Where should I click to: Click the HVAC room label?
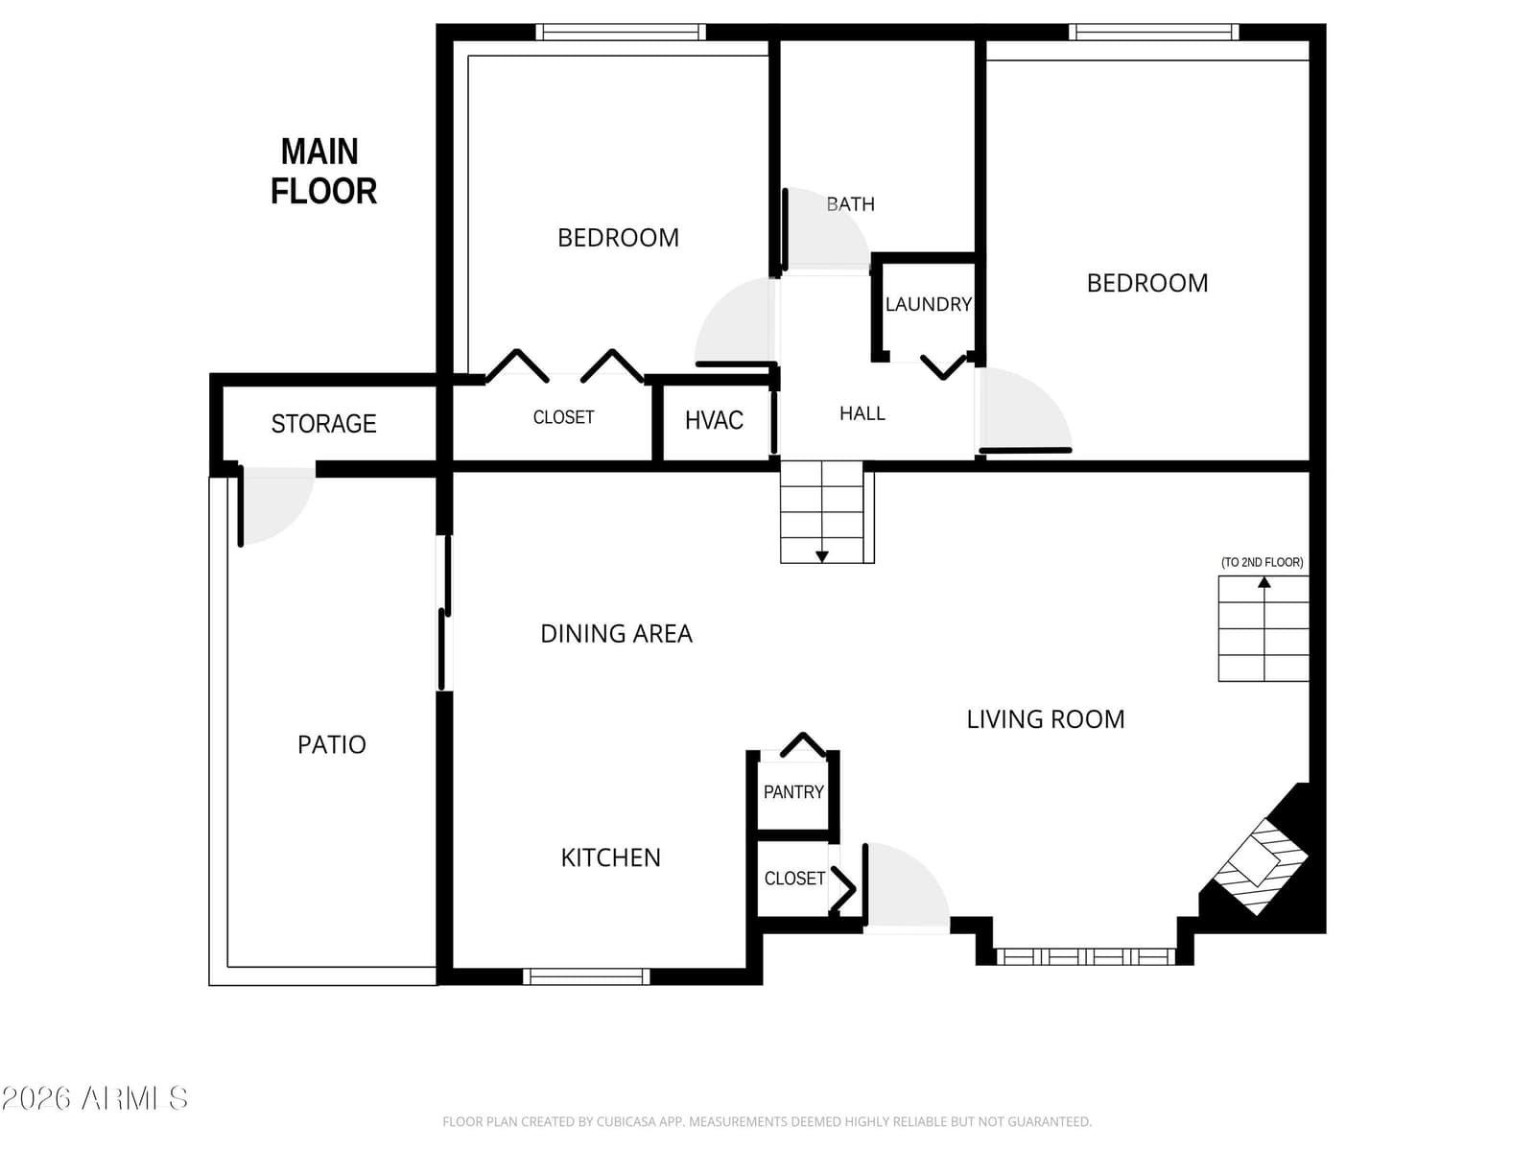pyautogui.click(x=714, y=420)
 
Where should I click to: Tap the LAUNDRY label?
pyautogui.click(x=928, y=304)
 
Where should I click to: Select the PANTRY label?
pyautogui.click(x=793, y=792)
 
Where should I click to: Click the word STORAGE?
pyautogui.click(x=323, y=424)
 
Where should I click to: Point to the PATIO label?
pyautogui.click(x=332, y=744)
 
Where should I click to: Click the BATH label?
pyautogui.click(x=850, y=204)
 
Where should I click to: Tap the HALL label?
pyautogui.click(x=862, y=413)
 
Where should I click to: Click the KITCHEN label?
pyautogui.click(x=610, y=857)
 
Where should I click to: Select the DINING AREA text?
pyautogui.click(x=616, y=633)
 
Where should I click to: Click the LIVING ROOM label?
pyautogui.click(x=1046, y=719)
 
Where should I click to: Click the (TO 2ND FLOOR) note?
pyautogui.click(x=1262, y=562)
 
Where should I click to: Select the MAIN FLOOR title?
pyautogui.click(x=323, y=172)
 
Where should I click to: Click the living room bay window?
pyautogui.click(x=1085, y=956)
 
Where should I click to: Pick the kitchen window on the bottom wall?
pyautogui.click(x=586, y=976)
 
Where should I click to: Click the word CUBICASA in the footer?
pyautogui.click(x=626, y=1122)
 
